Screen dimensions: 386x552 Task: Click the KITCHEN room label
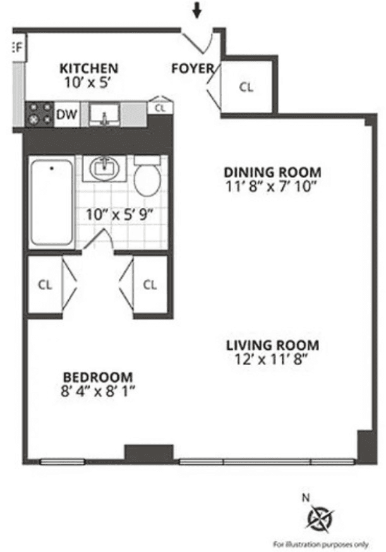pyautogui.click(x=88, y=68)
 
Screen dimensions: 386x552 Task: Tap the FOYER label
pyautogui.click(x=192, y=69)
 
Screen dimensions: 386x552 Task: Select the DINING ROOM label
pyautogui.click(x=272, y=172)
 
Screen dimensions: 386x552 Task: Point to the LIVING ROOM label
pyautogui.click(x=272, y=345)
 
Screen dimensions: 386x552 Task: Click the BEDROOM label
pyautogui.click(x=98, y=378)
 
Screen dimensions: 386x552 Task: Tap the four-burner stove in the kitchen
pyautogui.click(x=39, y=114)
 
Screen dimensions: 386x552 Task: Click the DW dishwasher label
pyautogui.click(x=67, y=114)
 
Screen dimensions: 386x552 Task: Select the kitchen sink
pyautogui.click(x=104, y=114)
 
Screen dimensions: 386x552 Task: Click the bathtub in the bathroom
pyautogui.click(x=51, y=203)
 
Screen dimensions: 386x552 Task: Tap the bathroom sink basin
pyautogui.click(x=104, y=169)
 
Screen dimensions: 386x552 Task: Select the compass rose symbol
pyautogui.click(x=320, y=518)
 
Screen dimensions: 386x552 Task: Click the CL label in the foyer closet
pyautogui.click(x=246, y=87)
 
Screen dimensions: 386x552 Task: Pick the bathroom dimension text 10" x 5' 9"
pyautogui.click(x=120, y=213)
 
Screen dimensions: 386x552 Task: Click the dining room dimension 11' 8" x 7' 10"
pyautogui.click(x=272, y=186)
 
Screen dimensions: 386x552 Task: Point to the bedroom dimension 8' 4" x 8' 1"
pyautogui.click(x=98, y=392)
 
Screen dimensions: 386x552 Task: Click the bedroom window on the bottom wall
pyautogui.click(x=62, y=461)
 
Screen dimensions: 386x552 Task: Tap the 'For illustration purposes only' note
pyautogui.click(x=320, y=544)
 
